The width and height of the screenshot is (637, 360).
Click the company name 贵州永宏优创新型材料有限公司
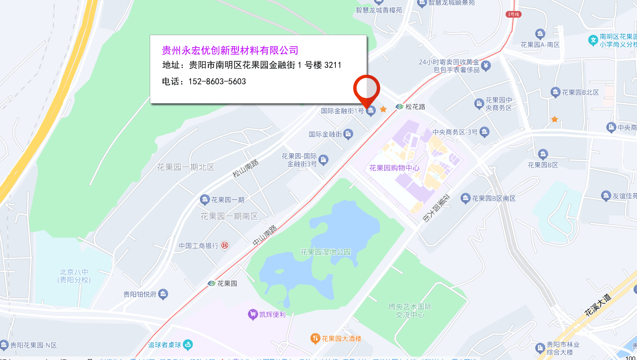230,50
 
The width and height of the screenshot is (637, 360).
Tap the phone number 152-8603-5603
217,82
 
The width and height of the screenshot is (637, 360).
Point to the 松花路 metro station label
415,107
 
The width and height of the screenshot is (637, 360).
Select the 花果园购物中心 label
394,168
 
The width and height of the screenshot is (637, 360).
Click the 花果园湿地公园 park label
326,252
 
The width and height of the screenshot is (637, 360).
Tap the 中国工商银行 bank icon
225,245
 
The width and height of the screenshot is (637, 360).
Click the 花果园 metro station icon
212,283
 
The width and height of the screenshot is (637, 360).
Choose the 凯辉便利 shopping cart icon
253,314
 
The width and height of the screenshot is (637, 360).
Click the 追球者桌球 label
165,345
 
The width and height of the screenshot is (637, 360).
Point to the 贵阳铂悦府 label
140,294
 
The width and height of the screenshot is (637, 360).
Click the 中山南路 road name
265,236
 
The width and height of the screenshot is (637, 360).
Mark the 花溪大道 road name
598,304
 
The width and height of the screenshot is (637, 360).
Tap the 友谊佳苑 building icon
606,196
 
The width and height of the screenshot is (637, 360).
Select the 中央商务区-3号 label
455,132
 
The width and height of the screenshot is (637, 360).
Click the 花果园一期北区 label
186,167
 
